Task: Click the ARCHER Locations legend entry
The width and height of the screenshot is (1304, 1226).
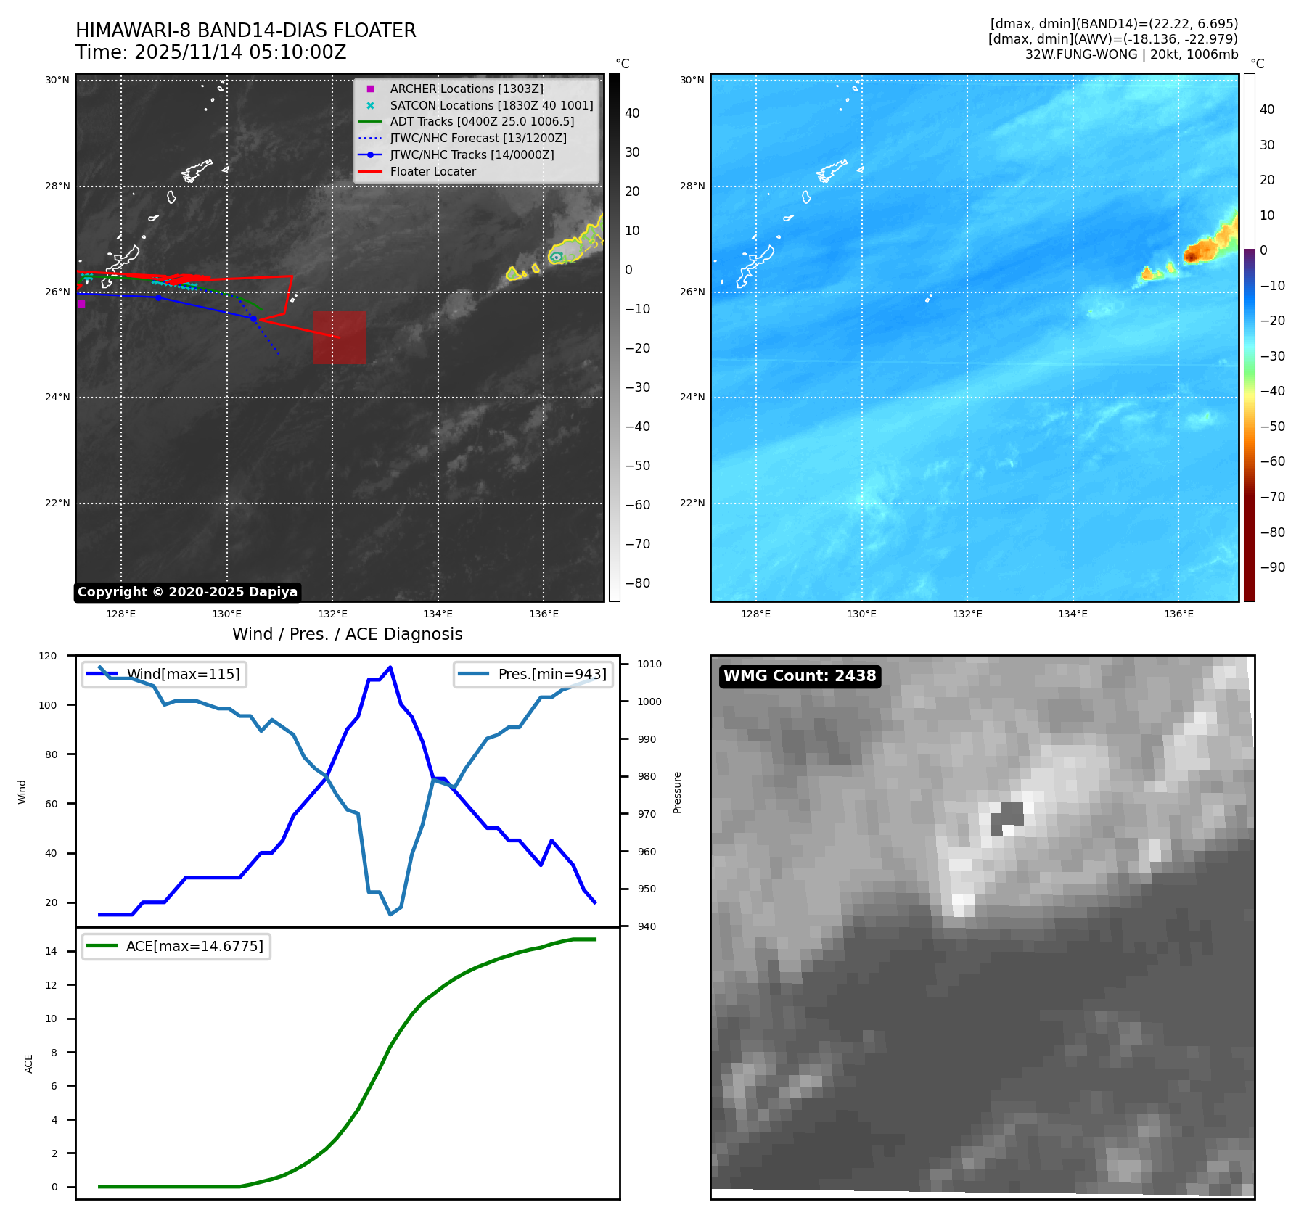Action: coord(466,89)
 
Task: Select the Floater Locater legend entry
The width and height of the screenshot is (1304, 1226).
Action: coord(432,171)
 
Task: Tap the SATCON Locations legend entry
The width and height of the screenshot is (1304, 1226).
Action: coord(491,105)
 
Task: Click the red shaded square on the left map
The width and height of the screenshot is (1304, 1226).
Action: coord(339,337)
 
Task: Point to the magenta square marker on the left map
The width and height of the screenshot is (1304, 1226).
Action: coord(81,305)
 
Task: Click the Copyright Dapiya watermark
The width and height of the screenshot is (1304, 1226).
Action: coord(187,592)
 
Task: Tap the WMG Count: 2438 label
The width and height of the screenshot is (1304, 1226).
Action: coord(800,676)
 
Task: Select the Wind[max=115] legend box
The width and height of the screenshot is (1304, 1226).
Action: coord(164,674)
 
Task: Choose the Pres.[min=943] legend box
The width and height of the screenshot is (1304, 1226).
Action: coord(533,674)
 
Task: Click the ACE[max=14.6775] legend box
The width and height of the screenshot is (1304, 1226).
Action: coord(176,946)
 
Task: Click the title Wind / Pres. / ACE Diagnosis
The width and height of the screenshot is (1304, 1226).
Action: coord(347,634)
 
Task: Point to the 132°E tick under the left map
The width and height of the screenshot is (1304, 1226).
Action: coord(332,614)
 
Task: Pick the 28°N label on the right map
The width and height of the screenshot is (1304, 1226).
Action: coord(692,186)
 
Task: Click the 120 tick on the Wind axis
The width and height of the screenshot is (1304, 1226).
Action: coord(48,656)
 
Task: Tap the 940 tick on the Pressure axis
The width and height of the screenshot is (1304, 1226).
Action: coord(647,926)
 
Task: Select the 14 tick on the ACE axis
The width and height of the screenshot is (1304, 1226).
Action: coord(51,951)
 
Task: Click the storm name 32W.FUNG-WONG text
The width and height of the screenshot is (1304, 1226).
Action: coord(1081,54)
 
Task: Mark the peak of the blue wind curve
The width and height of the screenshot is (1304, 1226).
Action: coord(390,667)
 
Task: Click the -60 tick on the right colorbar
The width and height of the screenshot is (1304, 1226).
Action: coord(1272,461)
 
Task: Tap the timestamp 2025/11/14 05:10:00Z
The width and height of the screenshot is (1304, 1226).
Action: coord(240,52)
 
